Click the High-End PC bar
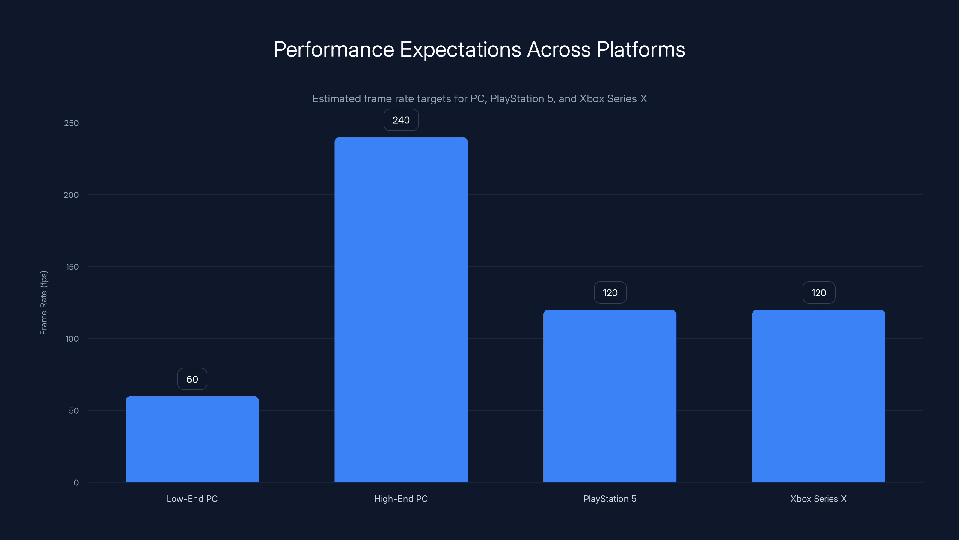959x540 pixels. pos(401,309)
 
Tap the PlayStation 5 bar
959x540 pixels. pos(610,396)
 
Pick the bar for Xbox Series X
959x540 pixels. pos(818,396)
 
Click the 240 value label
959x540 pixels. pos(401,120)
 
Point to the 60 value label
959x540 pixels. pos(192,379)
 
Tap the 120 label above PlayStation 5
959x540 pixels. pos(610,293)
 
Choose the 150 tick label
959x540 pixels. pos(72,267)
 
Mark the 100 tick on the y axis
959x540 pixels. pos(72,339)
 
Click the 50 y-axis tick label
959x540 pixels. pos(73,411)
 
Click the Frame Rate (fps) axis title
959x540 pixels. pos(43,303)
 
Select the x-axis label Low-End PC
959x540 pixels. pos(192,499)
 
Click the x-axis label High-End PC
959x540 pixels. pos(401,499)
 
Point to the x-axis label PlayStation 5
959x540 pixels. pos(610,499)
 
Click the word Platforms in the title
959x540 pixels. pos(640,49)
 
